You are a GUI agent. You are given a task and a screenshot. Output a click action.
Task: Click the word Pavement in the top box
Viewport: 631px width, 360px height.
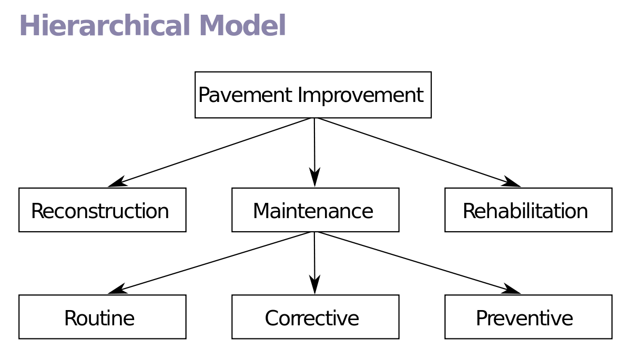(x=245, y=96)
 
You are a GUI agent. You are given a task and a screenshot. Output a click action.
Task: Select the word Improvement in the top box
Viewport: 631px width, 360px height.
(x=361, y=96)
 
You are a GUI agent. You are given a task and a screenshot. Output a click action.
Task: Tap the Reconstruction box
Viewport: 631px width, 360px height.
(x=102, y=210)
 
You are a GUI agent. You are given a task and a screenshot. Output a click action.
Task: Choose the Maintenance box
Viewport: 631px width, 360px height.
(x=315, y=210)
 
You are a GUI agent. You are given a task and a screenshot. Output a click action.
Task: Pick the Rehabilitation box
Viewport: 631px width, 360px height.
(x=528, y=210)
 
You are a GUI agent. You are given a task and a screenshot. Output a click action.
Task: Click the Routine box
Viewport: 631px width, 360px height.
(x=102, y=317)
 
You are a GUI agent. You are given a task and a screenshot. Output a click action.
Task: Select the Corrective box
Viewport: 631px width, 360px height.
(x=315, y=317)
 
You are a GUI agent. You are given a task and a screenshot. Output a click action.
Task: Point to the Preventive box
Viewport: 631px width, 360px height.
(x=528, y=317)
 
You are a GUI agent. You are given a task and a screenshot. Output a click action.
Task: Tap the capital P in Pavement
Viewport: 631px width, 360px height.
(x=204, y=96)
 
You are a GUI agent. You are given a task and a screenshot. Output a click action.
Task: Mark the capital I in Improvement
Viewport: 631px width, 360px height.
(x=300, y=96)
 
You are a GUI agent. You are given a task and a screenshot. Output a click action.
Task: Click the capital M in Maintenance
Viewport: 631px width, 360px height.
(x=261, y=211)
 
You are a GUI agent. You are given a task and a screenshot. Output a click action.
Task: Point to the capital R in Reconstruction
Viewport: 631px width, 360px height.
(x=37, y=211)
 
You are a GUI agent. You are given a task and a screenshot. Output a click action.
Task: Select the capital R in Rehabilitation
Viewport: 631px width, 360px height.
(x=469, y=211)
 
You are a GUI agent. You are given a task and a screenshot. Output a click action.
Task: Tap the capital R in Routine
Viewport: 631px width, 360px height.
(x=70, y=318)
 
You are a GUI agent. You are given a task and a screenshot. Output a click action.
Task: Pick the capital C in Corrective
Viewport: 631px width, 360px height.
(x=272, y=318)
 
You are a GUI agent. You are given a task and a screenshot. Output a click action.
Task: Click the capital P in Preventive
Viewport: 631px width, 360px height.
(x=482, y=318)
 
